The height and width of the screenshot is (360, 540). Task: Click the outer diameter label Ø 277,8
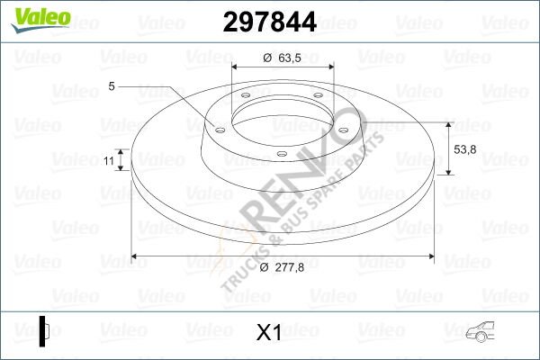[282, 269]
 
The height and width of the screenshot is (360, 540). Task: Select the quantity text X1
[270, 332]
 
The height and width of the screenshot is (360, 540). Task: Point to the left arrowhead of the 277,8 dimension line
[136, 258]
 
